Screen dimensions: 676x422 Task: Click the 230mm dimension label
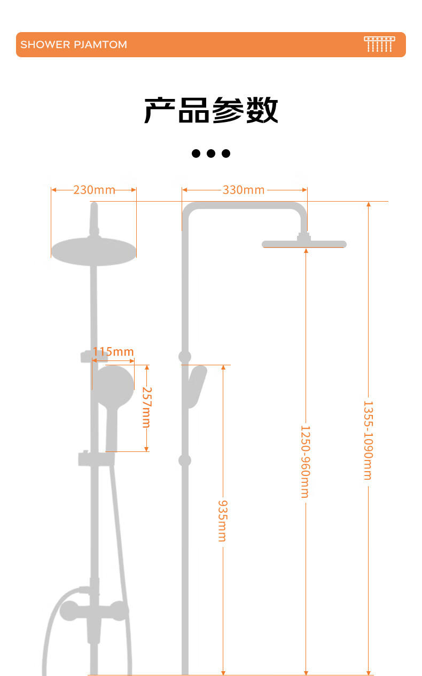click(x=94, y=190)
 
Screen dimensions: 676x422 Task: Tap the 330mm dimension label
click(x=244, y=190)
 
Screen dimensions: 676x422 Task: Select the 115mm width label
click(x=113, y=352)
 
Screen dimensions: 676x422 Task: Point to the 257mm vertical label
click(x=146, y=407)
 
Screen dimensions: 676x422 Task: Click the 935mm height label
click(x=222, y=520)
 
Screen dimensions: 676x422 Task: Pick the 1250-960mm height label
click(x=304, y=462)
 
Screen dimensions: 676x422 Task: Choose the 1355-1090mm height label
click(x=368, y=440)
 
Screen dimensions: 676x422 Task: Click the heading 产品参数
click(x=211, y=110)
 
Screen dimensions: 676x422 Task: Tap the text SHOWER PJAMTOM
click(x=74, y=44)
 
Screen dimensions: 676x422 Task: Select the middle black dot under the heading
click(x=211, y=153)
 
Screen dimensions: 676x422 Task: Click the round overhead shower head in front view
click(x=93, y=251)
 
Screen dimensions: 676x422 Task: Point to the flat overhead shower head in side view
click(x=304, y=244)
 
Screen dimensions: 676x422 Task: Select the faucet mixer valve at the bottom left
click(x=94, y=612)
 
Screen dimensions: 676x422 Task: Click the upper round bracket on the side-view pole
click(x=185, y=357)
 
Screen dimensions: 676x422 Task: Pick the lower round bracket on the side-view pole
click(x=185, y=460)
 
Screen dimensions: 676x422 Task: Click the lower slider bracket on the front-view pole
click(x=95, y=459)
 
